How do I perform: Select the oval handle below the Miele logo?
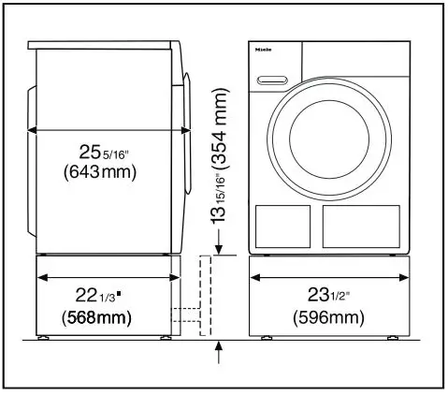269,76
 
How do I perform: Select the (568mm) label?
97,317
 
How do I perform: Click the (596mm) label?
329,317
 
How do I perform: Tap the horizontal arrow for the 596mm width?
329,277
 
